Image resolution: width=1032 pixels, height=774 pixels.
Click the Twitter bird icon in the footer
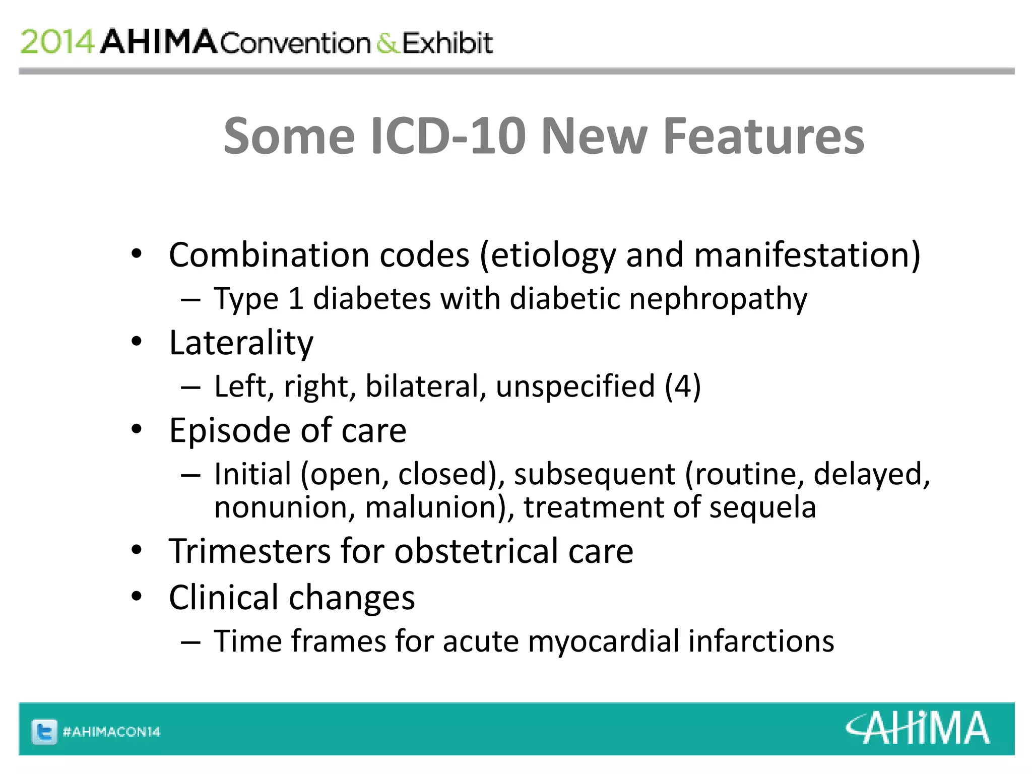click(x=44, y=732)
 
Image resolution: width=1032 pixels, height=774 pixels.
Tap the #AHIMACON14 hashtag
click(x=111, y=732)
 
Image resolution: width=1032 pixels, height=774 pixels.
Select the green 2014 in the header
click(x=57, y=42)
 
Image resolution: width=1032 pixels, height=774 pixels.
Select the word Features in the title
click(x=763, y=136)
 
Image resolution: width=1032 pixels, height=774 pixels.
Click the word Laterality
click(x=241, y=343)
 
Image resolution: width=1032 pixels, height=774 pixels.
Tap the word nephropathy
click(x=718, y=299)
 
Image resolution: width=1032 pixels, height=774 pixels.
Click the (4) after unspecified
click(x=683, y=386)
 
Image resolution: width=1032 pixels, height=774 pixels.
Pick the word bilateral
click(x=426, y=386)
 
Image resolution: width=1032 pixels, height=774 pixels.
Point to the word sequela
click(x=762, y=507)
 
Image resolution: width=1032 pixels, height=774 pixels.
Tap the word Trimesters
click(x=249, y=551)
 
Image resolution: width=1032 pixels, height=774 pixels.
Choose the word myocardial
click(x=604, y=641)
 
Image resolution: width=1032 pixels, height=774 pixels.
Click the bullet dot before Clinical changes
click(x=137, y=596)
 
